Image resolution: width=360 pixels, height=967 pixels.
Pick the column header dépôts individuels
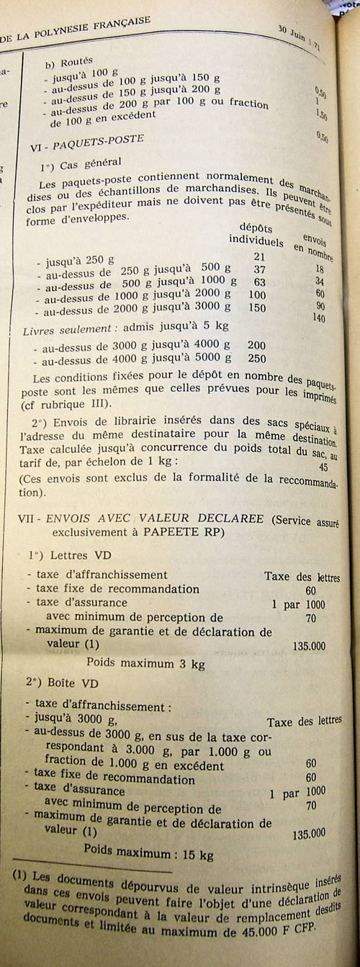pos(256,232)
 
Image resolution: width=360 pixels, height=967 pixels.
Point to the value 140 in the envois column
pos(319,318)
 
